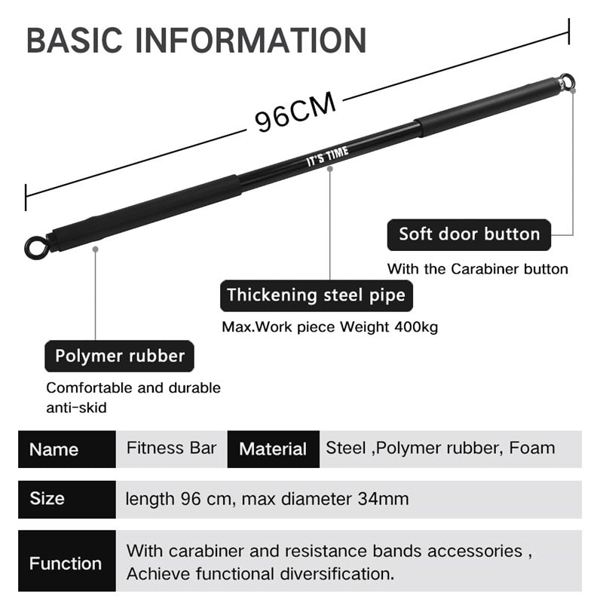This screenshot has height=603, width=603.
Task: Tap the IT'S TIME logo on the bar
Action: click(x=327, y=156)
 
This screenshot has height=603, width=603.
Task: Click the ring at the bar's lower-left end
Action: click(x=35, y=247)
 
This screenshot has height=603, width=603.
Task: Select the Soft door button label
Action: click(x=469, y=234)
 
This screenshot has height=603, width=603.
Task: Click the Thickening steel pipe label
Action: click(x=316, y=295)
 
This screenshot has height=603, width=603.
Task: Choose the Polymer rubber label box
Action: click(x=119, y=356)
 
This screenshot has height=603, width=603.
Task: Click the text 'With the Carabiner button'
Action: click(x=478, y=268)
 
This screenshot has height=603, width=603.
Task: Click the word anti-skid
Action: click(x=77, y=408)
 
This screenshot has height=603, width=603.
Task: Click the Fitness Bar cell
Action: click(x=171, y=448)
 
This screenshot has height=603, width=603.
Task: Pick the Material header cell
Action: click(x=273, y=449)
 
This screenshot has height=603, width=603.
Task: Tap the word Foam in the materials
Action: click(x=531, y=448)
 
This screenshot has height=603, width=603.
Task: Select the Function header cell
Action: click(x=66, y=563)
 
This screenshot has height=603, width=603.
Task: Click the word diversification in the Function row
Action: click(x=328, y=574)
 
